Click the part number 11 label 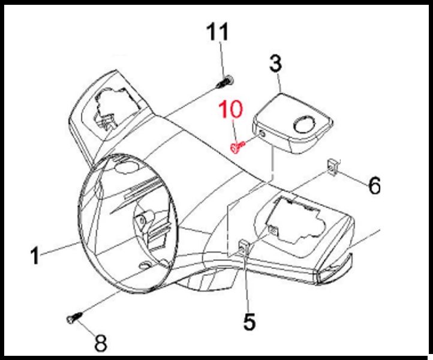pos(218,31)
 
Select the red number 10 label pos(231,109)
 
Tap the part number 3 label pos(276,64)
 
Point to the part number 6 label pos(374,185)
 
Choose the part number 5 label pos(249,321)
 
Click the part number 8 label pos(101,343)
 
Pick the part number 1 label pos(35,256)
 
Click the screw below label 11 pos(225,82)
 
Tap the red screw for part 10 pos(237,146)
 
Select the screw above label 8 pos(74,317)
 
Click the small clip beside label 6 pos(333,167)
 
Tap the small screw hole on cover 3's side pos(262,134)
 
